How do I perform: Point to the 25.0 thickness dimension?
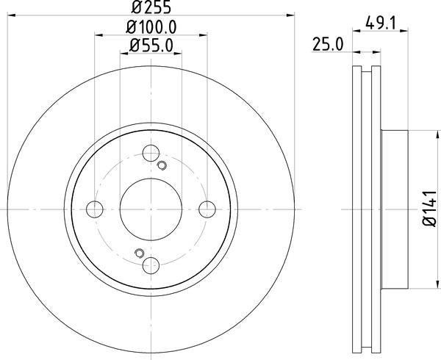pos(328,46)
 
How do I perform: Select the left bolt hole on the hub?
pos(95,209)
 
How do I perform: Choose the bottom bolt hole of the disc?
pos(151,265)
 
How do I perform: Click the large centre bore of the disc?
pos(151,209)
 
